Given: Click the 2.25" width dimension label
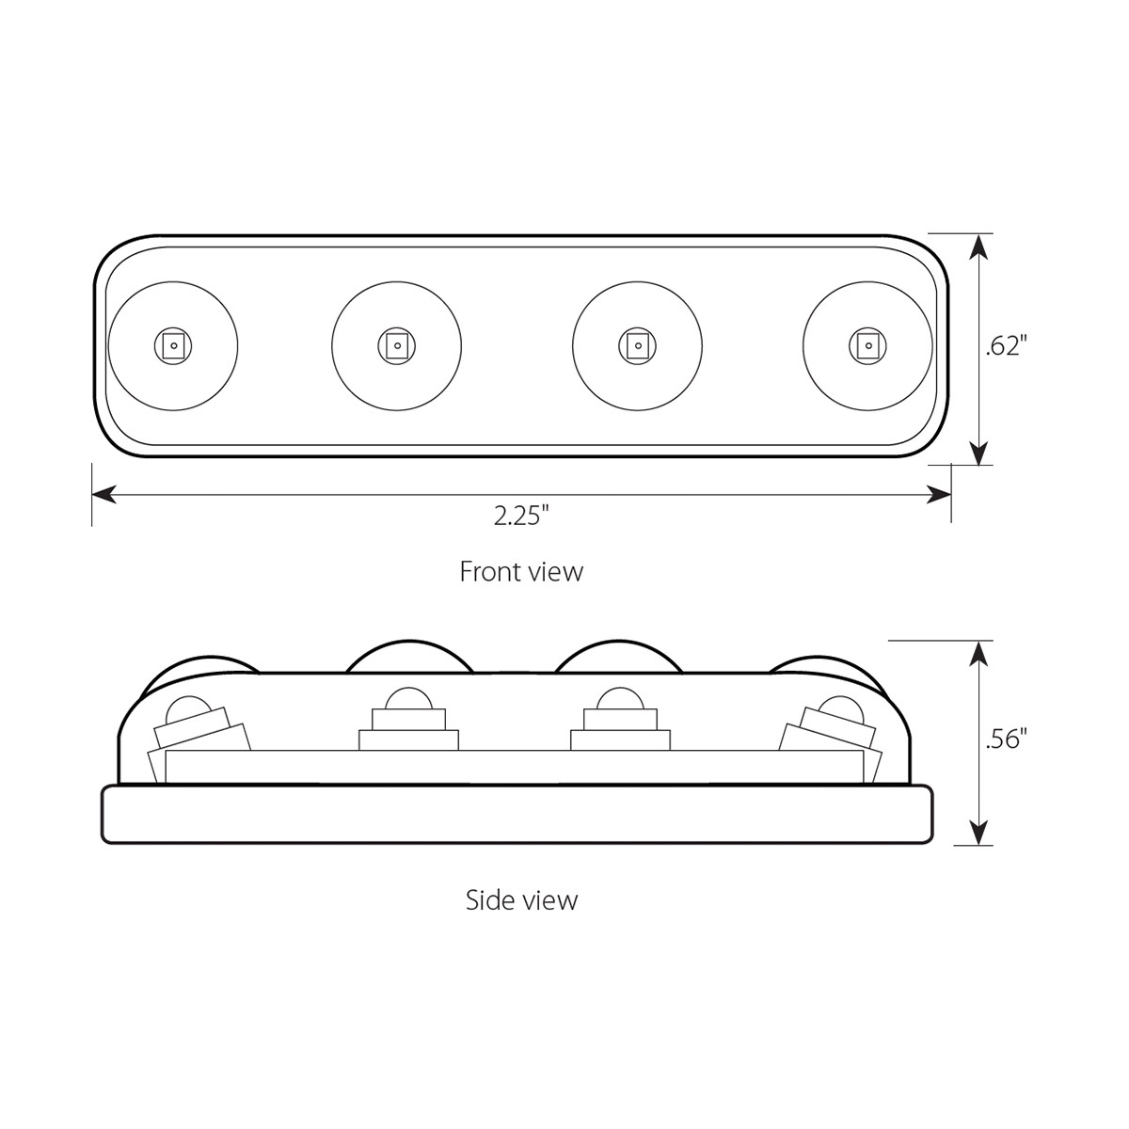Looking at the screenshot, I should (520, 517).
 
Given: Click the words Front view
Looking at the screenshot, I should (520, 572).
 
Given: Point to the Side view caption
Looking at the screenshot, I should (521, 900).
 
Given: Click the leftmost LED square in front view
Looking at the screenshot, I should (172, 345).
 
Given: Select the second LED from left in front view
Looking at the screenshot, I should (397, 345).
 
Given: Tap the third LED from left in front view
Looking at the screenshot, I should (637, 345).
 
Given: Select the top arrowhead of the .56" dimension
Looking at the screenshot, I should (978, 652).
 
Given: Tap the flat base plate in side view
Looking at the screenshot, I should (517, 815).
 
